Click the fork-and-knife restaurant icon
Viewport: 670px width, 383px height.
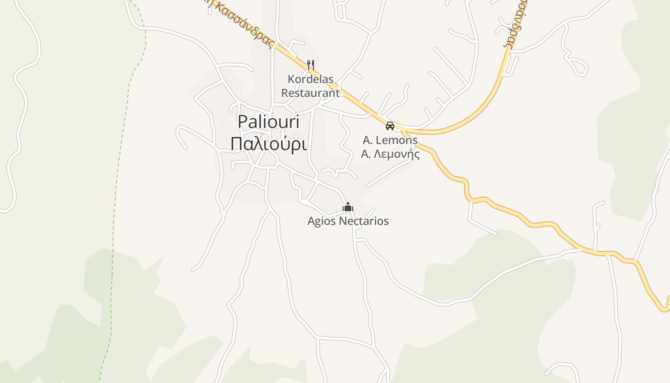pos(311,64)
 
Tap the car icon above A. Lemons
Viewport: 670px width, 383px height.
pos(390,126)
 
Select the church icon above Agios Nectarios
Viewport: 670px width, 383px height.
pos(348,207)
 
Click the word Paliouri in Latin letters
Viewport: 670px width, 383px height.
pos(268,122)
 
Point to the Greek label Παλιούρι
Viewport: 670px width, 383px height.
pos(268,144)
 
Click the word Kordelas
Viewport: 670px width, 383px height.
pos(310,79)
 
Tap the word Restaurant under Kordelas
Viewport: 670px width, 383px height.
pos(310,92)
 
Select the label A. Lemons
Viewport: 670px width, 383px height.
pos(390,140)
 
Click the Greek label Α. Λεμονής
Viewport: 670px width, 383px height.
pos(390,154)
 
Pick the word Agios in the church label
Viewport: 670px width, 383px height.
pos(322,221)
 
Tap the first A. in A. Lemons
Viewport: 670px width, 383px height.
pos(367,140)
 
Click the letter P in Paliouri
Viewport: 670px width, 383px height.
pos(243,122)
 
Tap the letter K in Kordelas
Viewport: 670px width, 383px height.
pos(290,79)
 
